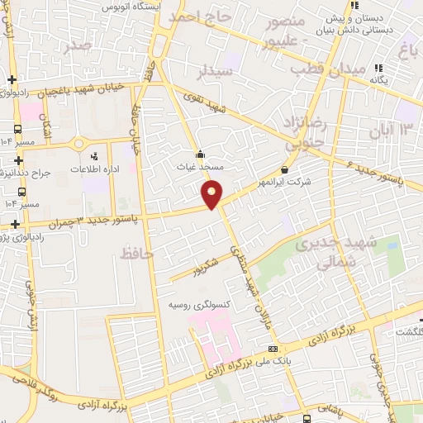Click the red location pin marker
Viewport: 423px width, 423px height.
pyautogui.click(x=212, y=194)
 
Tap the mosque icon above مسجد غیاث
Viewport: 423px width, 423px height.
pyautogui.click(x=200, y=154)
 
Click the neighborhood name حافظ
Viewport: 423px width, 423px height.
pyautogui.click(x=136, y=254)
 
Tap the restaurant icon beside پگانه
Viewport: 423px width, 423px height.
pyautogui.click(x=378, y=68)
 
